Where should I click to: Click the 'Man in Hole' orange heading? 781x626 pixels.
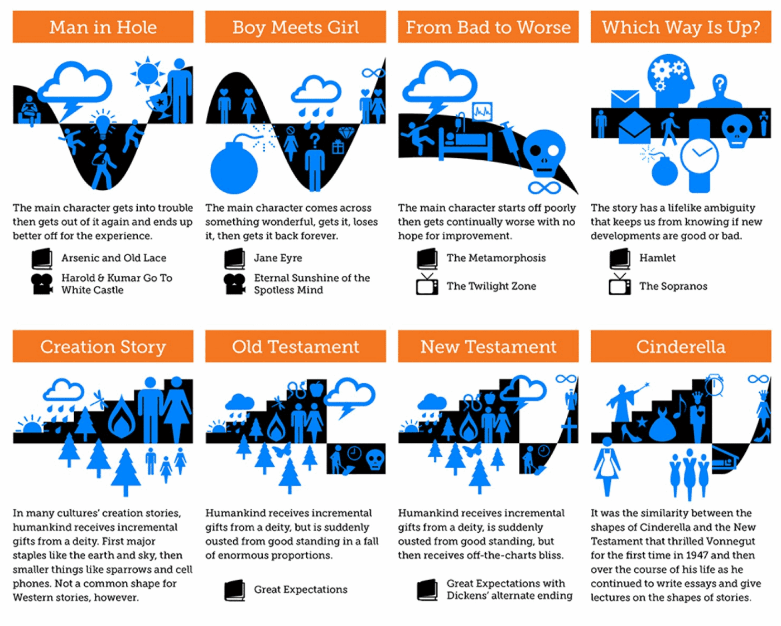[x=103, y=27]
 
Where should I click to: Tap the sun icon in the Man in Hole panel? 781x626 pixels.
[x=147, y=73]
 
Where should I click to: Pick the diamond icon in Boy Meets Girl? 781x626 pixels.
[x=346, y=133]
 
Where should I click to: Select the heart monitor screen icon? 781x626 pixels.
[x=483, y=111]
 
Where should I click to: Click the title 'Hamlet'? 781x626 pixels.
[x=657, y=258]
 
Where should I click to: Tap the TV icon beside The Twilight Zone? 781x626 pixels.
[x=427, y=284]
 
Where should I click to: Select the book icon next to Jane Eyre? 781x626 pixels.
[x=234, y=259]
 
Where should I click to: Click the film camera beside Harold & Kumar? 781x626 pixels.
[x=42, y=284]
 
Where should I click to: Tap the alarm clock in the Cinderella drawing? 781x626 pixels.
[x=714, y=385]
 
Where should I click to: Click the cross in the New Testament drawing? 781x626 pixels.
[x=569, y=430]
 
